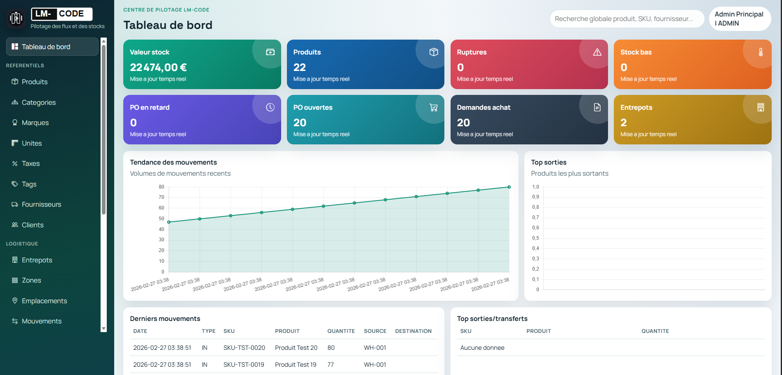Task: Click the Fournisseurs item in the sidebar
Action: tap(41, 204)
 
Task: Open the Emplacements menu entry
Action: tap(44, 301)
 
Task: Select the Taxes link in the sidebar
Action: tap(31, 163)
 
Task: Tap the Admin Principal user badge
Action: tap(740, 19)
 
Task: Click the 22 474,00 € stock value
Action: tap(158, 67)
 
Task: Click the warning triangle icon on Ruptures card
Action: tap(597, 52)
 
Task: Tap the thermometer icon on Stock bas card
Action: tap(761, 52)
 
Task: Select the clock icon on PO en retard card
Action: tap(270, 107)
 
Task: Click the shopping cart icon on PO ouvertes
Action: tap(434, 107)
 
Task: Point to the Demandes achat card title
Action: tap(484, 107)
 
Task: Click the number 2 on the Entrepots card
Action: tap(623, 123)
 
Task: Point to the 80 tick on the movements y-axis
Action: tap(161, 187)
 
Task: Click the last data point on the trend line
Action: tap(509, 187)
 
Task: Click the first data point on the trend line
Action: tap(169, 222)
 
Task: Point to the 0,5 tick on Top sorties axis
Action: tap(535, 238)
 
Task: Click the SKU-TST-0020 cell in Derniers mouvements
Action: tap(244, 348)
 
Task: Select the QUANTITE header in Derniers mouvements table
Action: tap(341, 331)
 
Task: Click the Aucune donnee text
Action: tap(482, 348)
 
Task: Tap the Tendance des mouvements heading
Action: tap(173, 162)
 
